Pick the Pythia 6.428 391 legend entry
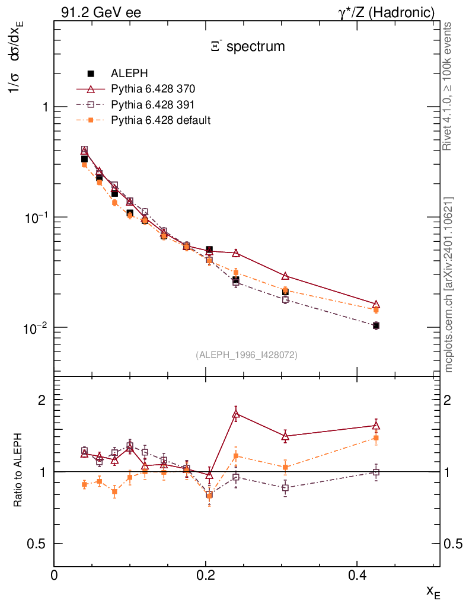click(153, 104)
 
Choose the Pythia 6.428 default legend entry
click(161, 120)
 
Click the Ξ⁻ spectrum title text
click(248, 46)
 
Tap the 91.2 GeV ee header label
click(101, 12)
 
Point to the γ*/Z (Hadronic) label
click(387, 12)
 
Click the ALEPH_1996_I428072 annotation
click(246, 354)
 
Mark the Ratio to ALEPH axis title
click(19, 472)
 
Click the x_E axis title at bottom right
click(433, 591)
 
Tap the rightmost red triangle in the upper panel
click(376, 304)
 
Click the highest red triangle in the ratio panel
click(236, 415)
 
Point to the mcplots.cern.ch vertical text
click(449, 285)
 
